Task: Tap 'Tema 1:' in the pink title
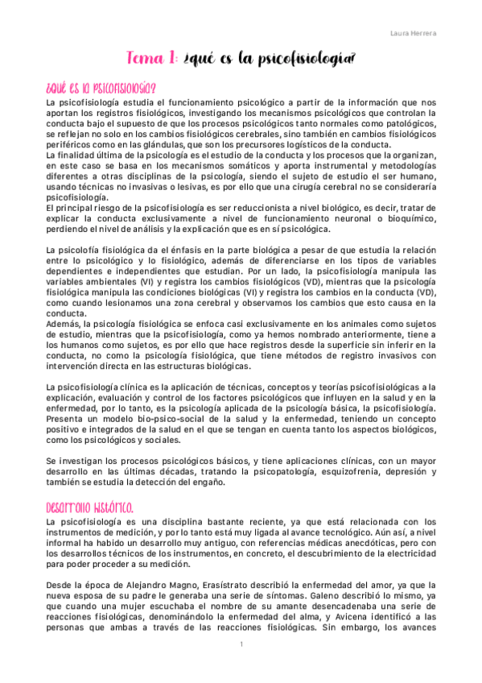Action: pyautogui.click(x=153, y=59)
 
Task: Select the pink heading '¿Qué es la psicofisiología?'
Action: pyautogui.click(x=101, y=88)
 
